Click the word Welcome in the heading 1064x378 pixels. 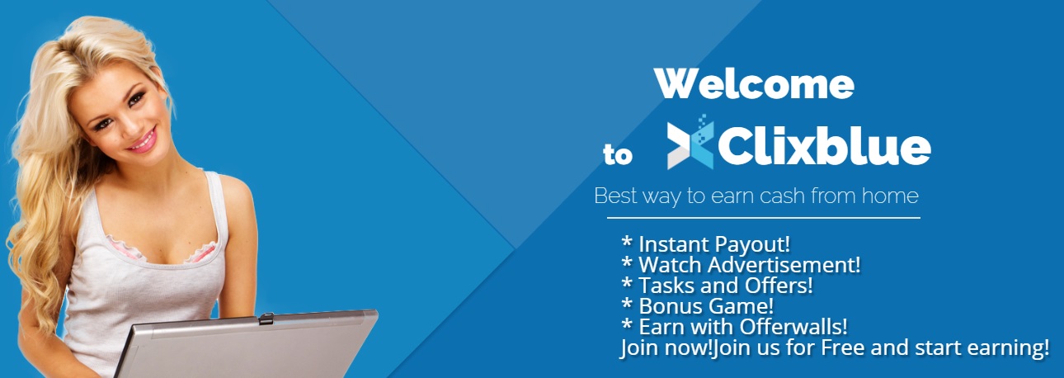point(754,84)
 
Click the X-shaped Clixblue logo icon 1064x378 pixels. point(690,142)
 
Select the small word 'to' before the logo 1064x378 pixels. point(618,154)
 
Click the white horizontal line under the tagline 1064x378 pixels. point(763,218)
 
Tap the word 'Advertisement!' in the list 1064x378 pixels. point(784,265)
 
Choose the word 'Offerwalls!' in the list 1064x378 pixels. point(793,327)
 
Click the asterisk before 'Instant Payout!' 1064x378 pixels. point(627,242)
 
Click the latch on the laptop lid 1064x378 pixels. point(266,318)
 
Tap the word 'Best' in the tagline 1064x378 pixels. point(615,196)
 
